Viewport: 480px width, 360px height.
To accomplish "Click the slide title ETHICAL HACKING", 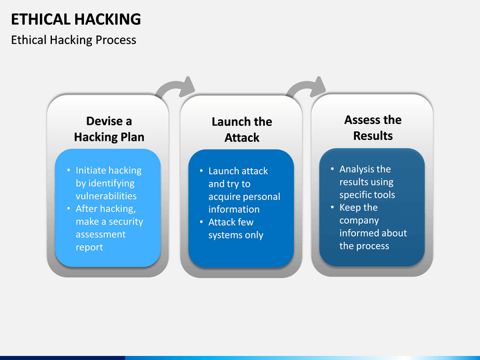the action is click(x=76, y=19).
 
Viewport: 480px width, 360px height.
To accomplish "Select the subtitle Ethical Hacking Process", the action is click(x=73, y=40).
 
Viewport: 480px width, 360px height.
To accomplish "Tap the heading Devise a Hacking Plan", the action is click(x=109, y=129).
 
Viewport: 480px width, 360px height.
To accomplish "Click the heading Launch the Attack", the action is click(x=242, y=129).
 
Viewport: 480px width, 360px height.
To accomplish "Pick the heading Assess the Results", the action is click(x=373, y=127).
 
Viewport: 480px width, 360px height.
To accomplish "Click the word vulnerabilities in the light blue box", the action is click(x=106, y=196).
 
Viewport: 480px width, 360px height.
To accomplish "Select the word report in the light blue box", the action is click(x=89, y=247).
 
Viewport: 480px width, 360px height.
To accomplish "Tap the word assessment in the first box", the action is click(x=101, y=235).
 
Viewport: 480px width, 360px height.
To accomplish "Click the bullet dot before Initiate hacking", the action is click(x=69, y=170).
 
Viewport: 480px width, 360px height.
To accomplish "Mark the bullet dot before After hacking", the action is click(x=69, y=209).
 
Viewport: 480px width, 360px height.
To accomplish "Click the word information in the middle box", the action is click(x=234, y=209).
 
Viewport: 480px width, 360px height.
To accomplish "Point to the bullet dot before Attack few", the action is click(x=201, y=221).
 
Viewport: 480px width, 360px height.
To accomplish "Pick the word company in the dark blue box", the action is click(x=359, y=221).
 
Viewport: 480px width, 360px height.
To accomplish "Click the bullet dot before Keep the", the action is click(x=333, y=207).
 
